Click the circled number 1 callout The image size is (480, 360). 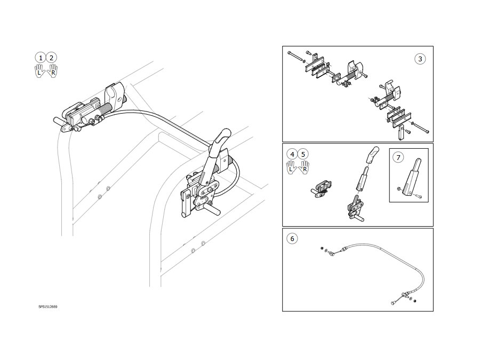[x=41, y=58]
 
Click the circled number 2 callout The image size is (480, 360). [x=51, y=58]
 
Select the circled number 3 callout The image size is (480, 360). [x=420, y=59]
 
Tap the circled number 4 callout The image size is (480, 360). [x=292, y=154]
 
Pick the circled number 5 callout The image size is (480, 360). [x=303, y=154]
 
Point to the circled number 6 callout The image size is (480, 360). [x=292, y=238]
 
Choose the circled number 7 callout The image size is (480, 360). [x=398, y=157]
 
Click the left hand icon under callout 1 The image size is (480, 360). [x=39, y=71]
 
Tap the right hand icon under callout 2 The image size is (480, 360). [x=52, y=71]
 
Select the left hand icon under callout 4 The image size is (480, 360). [x=291, y=168]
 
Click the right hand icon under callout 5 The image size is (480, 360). [x=304, y=168]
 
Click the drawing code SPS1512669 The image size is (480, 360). [x=48, y=307]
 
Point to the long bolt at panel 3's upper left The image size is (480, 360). [x=295, y=57]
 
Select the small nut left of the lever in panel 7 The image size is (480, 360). [x=399, y=189]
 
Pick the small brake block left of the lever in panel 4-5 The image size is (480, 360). [x=322, y=189]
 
